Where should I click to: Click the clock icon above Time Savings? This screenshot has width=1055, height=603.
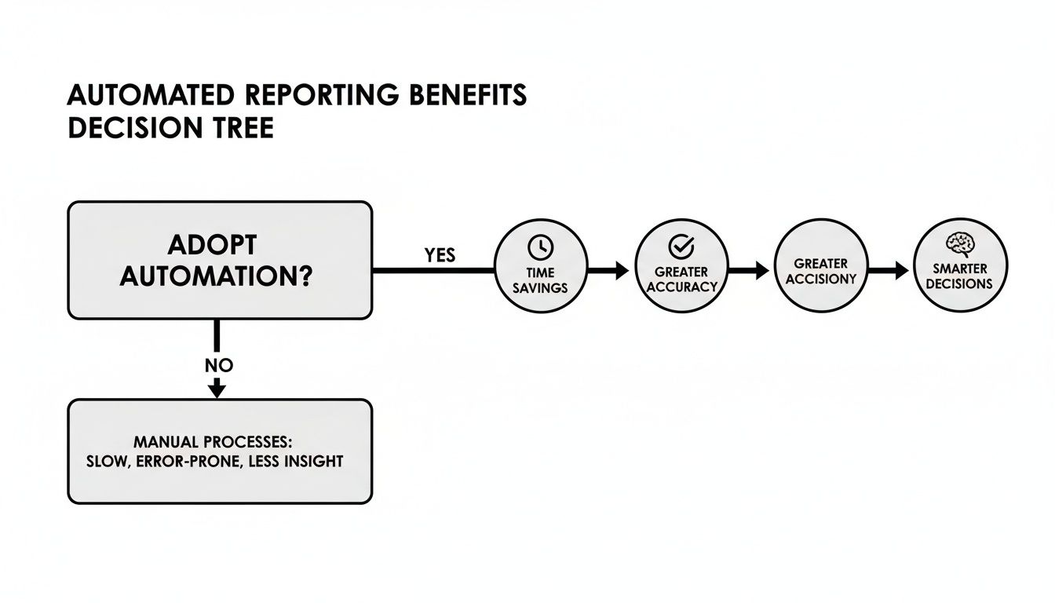point(541,247)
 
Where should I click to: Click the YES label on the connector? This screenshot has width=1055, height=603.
point(440,256)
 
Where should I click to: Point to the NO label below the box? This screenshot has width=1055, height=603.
point(218,365)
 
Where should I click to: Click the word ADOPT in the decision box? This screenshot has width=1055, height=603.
point(212,245)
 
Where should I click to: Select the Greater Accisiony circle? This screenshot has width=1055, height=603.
point(820,271)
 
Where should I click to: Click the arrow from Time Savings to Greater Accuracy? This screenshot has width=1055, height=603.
point(611,271)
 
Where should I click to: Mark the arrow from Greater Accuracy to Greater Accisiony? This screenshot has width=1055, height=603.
point(750,271)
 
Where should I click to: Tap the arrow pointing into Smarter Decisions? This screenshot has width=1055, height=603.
point(889,271)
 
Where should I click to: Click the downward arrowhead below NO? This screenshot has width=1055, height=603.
point(218,389)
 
